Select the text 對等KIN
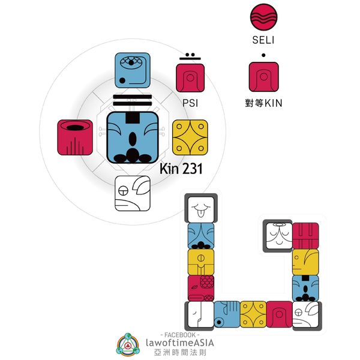point(264,103)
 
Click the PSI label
point(190,103)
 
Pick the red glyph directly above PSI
point(191,77)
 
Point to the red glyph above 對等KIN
point(263,77)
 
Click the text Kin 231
point(181,169)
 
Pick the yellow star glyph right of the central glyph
point(191,137)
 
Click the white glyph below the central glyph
point(133,194)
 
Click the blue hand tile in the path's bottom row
point(227,314)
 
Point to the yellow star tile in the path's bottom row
point(253,314)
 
